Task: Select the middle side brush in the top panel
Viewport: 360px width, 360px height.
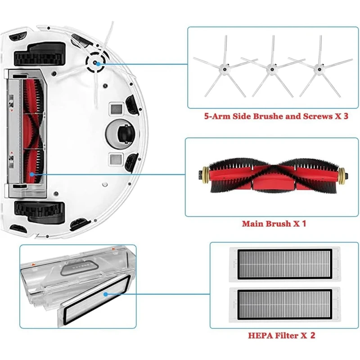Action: pos(271,68)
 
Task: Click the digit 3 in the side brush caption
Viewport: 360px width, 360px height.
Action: pos(346,116)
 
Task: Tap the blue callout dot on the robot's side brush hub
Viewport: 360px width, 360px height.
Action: pos(98,63)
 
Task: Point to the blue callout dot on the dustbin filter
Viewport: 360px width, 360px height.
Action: pos(105,293)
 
